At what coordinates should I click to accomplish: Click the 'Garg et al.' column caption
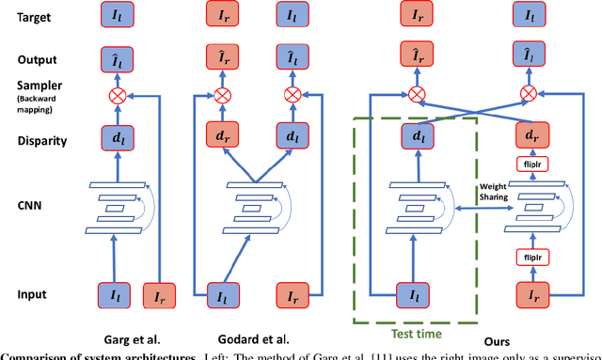click(x=135, y=338)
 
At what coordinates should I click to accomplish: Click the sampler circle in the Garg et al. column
click(x=119, y=95)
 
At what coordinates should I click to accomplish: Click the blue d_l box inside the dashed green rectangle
click(x=416, y=136)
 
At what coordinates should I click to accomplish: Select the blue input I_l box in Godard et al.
click(x=223, y=294)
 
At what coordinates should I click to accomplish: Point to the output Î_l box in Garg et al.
click(x=119, y=59)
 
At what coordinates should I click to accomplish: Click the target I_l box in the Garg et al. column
click(x=119, y=16)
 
